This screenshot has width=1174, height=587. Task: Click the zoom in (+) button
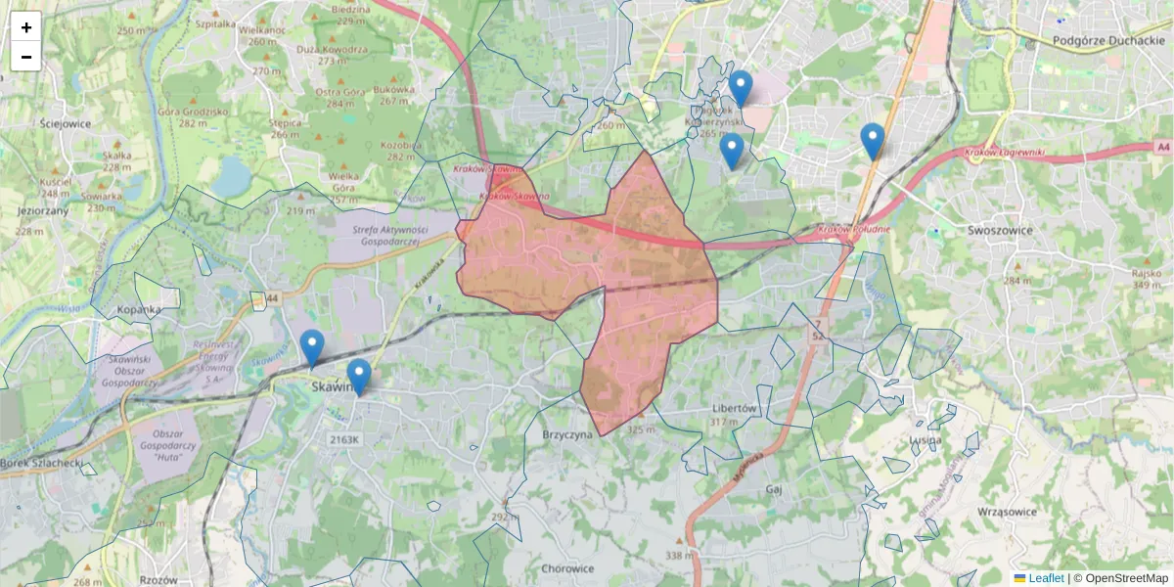pos(26,27)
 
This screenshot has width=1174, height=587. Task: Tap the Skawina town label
pos(331,387)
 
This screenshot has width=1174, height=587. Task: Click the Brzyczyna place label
pos(568,434)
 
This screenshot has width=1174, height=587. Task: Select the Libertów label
pos(735,408)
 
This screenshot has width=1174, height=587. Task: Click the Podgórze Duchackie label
pos(1108,41)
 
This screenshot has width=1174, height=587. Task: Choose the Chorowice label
pos(567,568)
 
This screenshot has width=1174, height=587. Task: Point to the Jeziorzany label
pos(42,210)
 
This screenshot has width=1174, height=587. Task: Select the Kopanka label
pos(138,310)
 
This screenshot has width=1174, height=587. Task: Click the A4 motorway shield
pos(1161,147)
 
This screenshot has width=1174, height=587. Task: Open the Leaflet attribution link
pos(1045,578)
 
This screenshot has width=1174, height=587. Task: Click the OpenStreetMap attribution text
pos(1126,578)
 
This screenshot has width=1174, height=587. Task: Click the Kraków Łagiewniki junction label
pos(1004,153)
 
